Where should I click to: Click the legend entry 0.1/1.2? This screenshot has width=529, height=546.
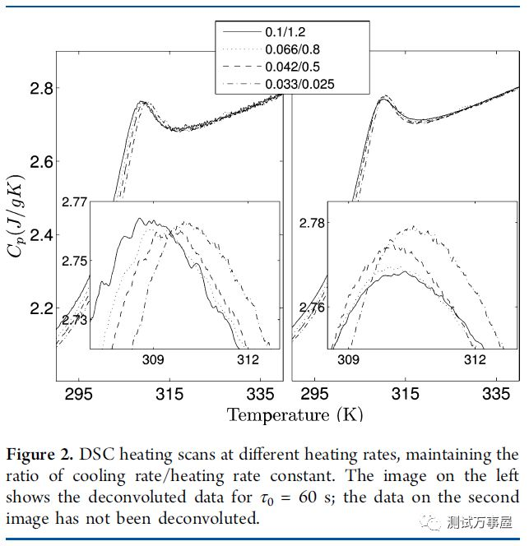[285, 33]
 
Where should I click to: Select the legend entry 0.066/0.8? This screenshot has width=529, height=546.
[294, 49]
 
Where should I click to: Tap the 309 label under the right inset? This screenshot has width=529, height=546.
[349, 360]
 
